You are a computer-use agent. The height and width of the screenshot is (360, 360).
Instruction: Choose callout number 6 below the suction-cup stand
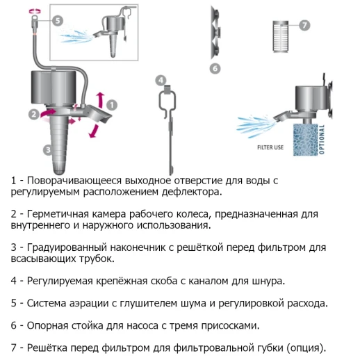[215, 68]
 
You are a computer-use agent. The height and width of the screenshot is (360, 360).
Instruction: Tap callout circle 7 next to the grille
[304, 25]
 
